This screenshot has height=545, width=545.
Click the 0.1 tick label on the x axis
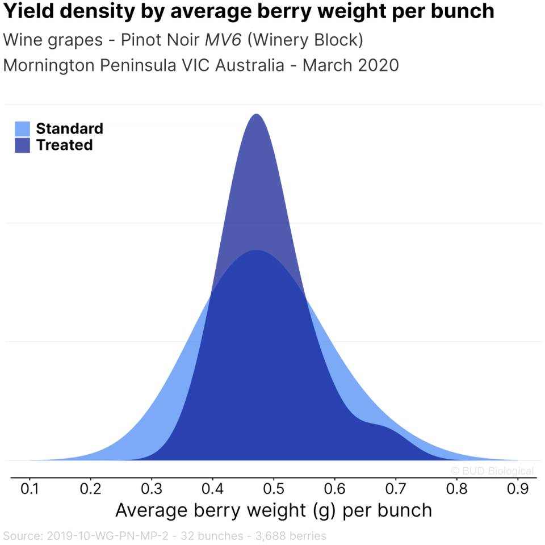(29, 488)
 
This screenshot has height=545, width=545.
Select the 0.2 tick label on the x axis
(90, 488)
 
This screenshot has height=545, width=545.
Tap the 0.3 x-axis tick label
(151, 488)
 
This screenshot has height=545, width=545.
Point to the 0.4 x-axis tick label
(212, 488)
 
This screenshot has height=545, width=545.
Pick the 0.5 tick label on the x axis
(273, 488)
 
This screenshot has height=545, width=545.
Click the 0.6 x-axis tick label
(334, 488)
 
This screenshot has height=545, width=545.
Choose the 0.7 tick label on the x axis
(395, 488)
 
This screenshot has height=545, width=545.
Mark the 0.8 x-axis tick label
(456, 488)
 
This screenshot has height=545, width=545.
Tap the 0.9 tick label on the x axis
(517, 488)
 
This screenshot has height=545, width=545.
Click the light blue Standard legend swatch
(22, 129)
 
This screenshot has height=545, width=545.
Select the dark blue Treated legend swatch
(22, 145)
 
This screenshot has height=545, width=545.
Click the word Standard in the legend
(69, 129)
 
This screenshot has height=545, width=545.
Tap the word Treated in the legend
(64, 145)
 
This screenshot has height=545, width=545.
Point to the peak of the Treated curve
(257, 115)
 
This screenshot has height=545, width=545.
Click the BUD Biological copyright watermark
(492, 471)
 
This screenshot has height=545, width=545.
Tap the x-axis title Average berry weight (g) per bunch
(273, 510)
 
